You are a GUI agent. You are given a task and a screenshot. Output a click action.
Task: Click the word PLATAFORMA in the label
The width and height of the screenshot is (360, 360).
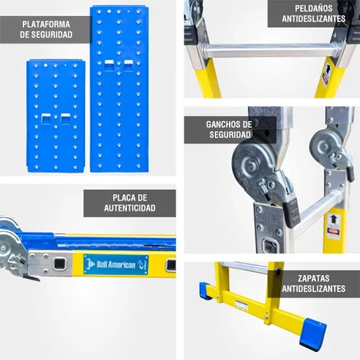click(x=46, y=24)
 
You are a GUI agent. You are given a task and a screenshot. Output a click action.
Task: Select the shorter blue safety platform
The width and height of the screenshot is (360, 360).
click(x=56, y=115)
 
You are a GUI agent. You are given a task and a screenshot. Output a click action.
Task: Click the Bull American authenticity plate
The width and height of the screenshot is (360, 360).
click(x=115, y=264)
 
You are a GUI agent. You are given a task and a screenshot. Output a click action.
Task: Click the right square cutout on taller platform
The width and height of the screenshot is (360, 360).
click(x=128, y=64)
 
